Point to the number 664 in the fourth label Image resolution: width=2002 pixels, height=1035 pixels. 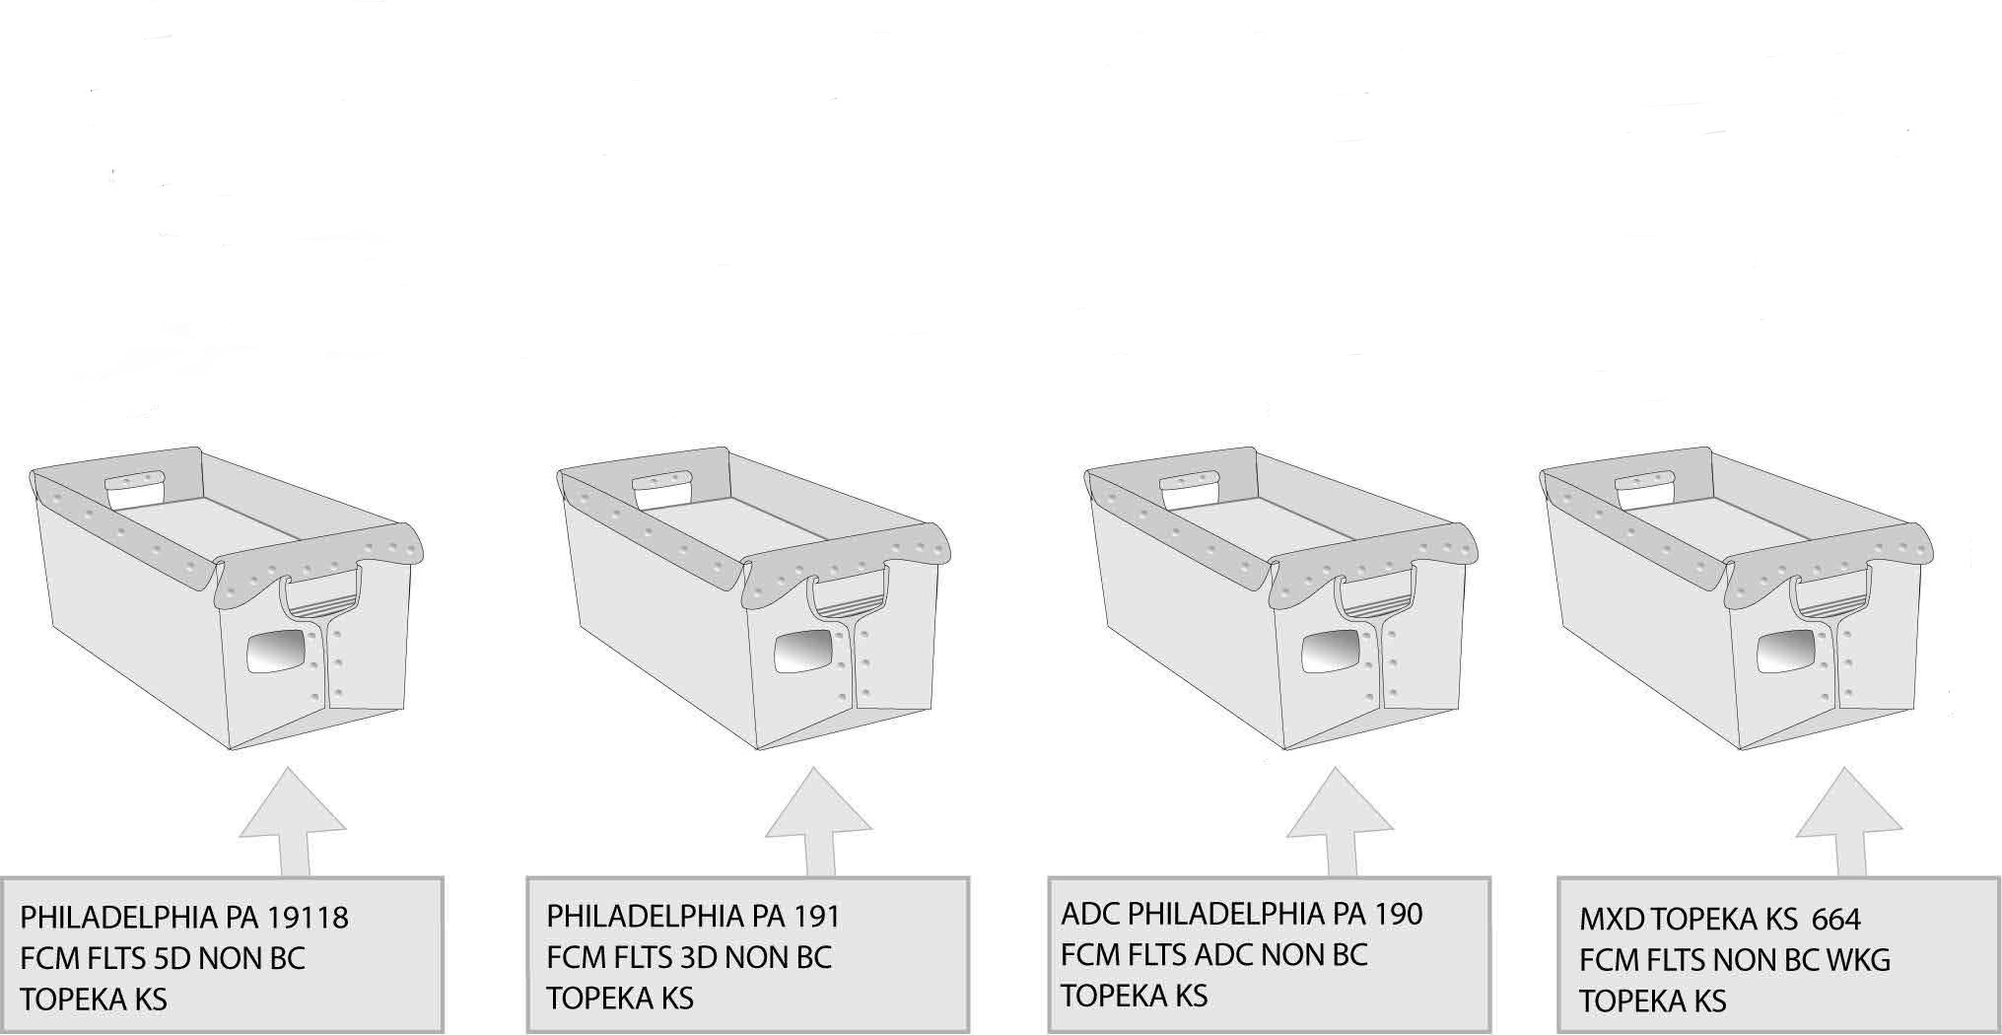click(x=1836, y=921)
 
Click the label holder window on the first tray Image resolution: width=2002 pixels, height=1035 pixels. click(x=278, y=653)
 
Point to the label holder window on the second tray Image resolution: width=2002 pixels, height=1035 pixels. click(x=805, y=654)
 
